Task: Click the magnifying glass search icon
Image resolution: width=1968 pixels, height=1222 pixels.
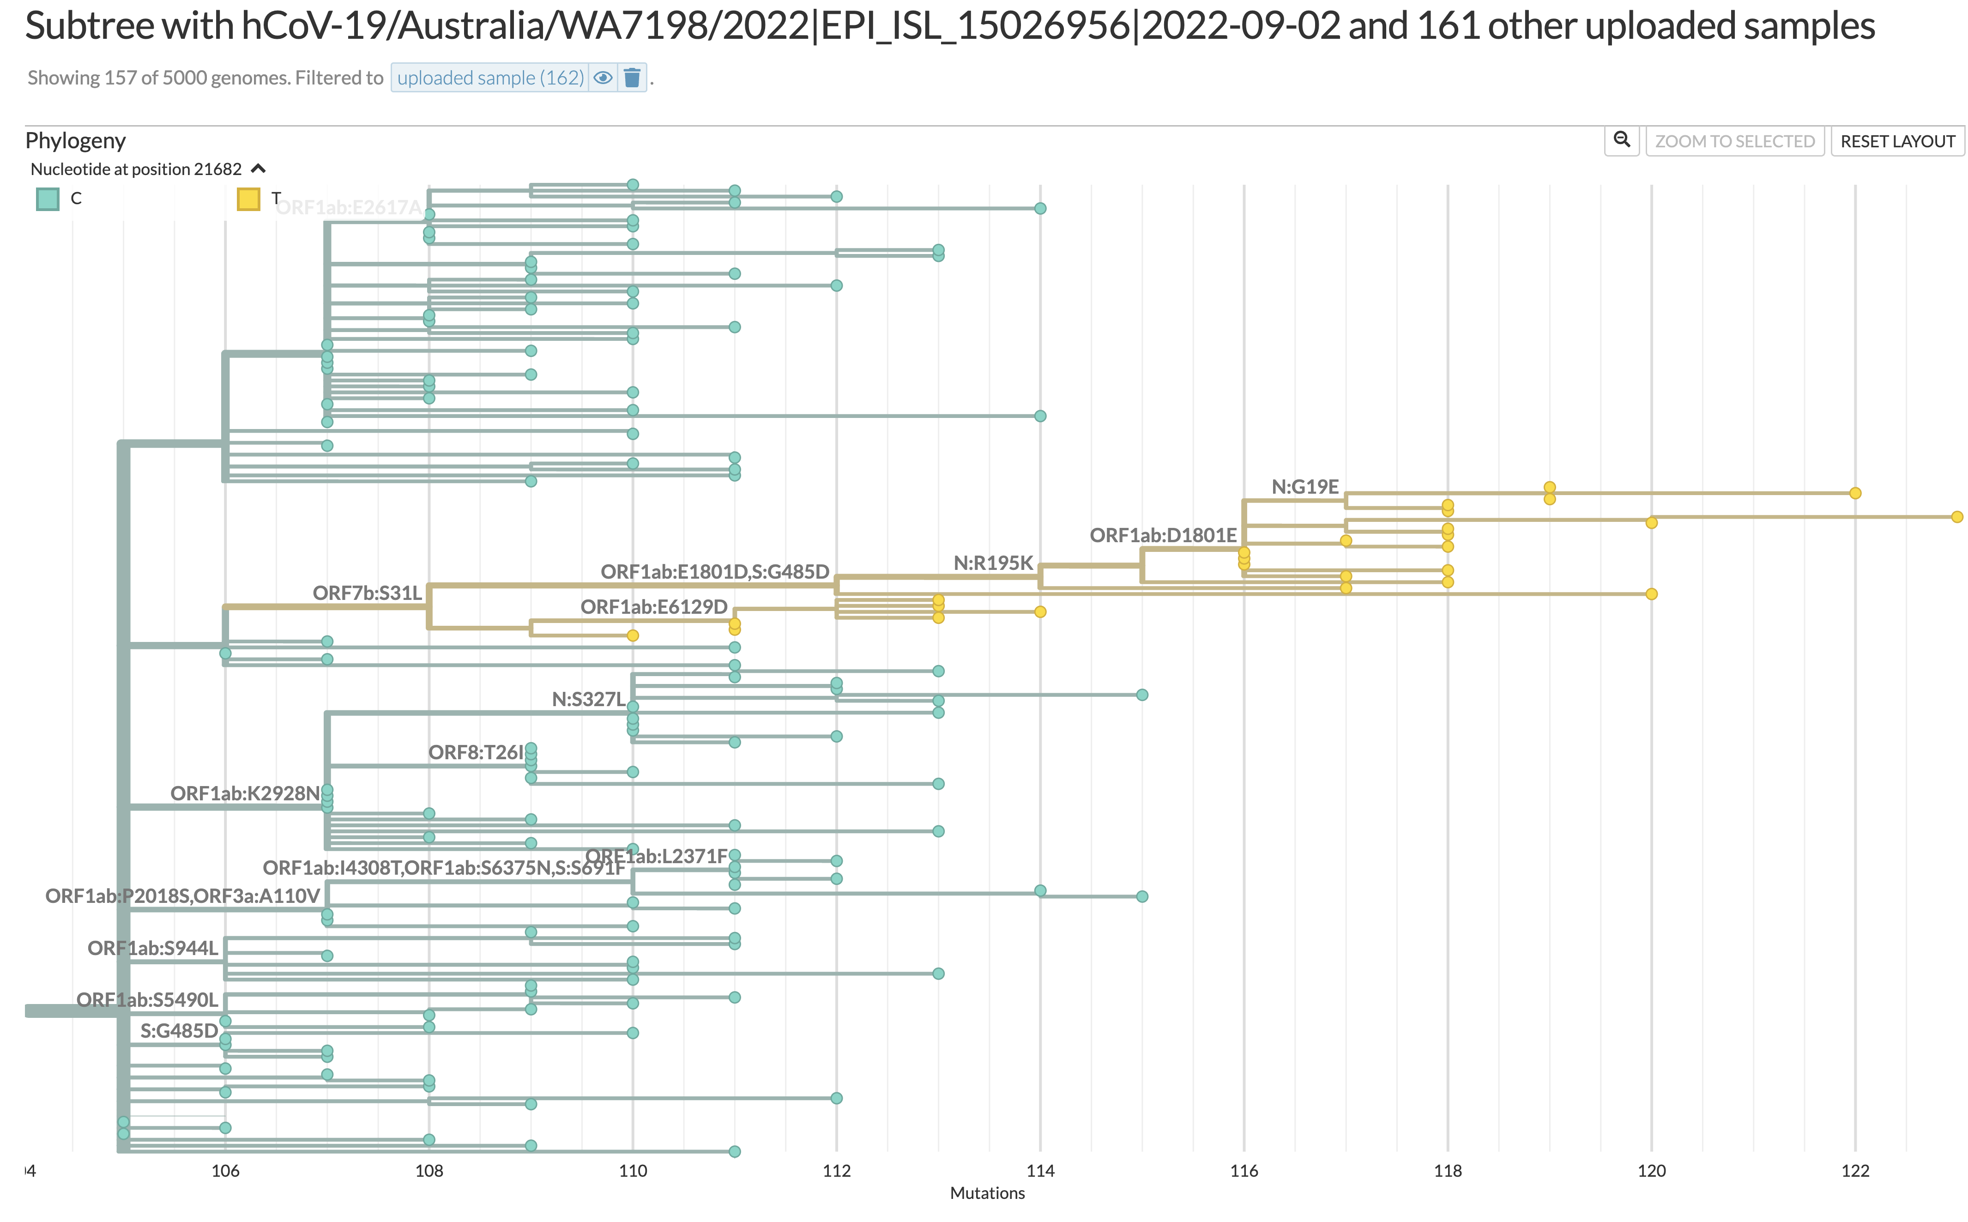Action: (1621, 140)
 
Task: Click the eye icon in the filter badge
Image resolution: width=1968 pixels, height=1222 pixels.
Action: (603, 78)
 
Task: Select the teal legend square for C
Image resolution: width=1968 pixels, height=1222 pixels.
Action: (48, 199)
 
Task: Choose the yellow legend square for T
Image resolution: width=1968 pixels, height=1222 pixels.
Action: (248, 199)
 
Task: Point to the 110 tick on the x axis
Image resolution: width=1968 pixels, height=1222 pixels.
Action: (633, 1170)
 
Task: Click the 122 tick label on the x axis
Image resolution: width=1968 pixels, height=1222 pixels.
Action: (1855, 1170)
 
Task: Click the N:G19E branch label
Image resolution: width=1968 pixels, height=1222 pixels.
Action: (1305, 487)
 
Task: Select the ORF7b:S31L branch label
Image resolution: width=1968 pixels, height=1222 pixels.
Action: (367, 593)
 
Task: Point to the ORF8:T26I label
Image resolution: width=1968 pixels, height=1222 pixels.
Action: (476, 752)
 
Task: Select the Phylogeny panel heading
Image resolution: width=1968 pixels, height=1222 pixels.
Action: (75, 140)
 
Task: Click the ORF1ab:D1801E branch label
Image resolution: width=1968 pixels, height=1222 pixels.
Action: (1163, 535)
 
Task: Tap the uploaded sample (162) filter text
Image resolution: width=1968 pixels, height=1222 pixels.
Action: (489, 78)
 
